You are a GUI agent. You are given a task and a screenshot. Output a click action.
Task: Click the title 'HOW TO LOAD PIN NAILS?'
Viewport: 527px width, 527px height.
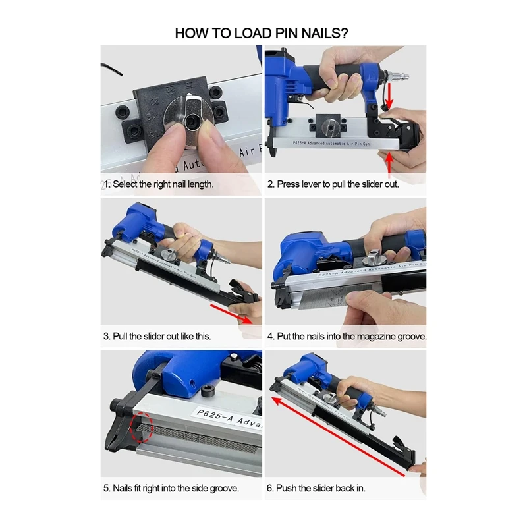(262, 34)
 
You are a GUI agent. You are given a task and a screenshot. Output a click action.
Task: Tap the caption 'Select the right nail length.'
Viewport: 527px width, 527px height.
(163, 184)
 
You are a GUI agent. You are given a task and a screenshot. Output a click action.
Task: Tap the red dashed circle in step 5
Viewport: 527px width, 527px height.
(142, 427)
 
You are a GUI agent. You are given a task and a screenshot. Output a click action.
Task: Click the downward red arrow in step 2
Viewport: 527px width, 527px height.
(389, 96)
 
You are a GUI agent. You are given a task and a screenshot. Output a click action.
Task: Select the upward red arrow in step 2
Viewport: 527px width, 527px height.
(389, 162)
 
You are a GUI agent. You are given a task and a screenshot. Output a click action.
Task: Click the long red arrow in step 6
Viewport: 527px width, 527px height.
(338, 437)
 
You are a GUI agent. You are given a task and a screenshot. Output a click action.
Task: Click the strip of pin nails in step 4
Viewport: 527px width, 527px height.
(333, 297)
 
